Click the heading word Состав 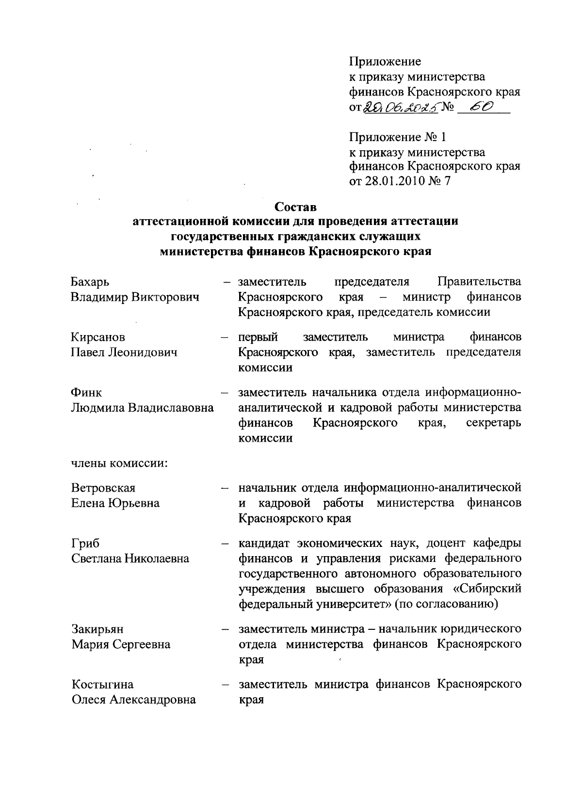[x=295, y=207]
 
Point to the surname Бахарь [x=90, y=282]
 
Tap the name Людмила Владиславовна [x=143, y=408]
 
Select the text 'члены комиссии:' [x=119, y=463]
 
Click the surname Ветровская [x=103, y=487]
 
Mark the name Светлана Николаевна [x=130, y=559]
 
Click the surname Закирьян [x=97, y=629]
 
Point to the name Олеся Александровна [x=134, y=700]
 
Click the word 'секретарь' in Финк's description [x=493, y=423]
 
